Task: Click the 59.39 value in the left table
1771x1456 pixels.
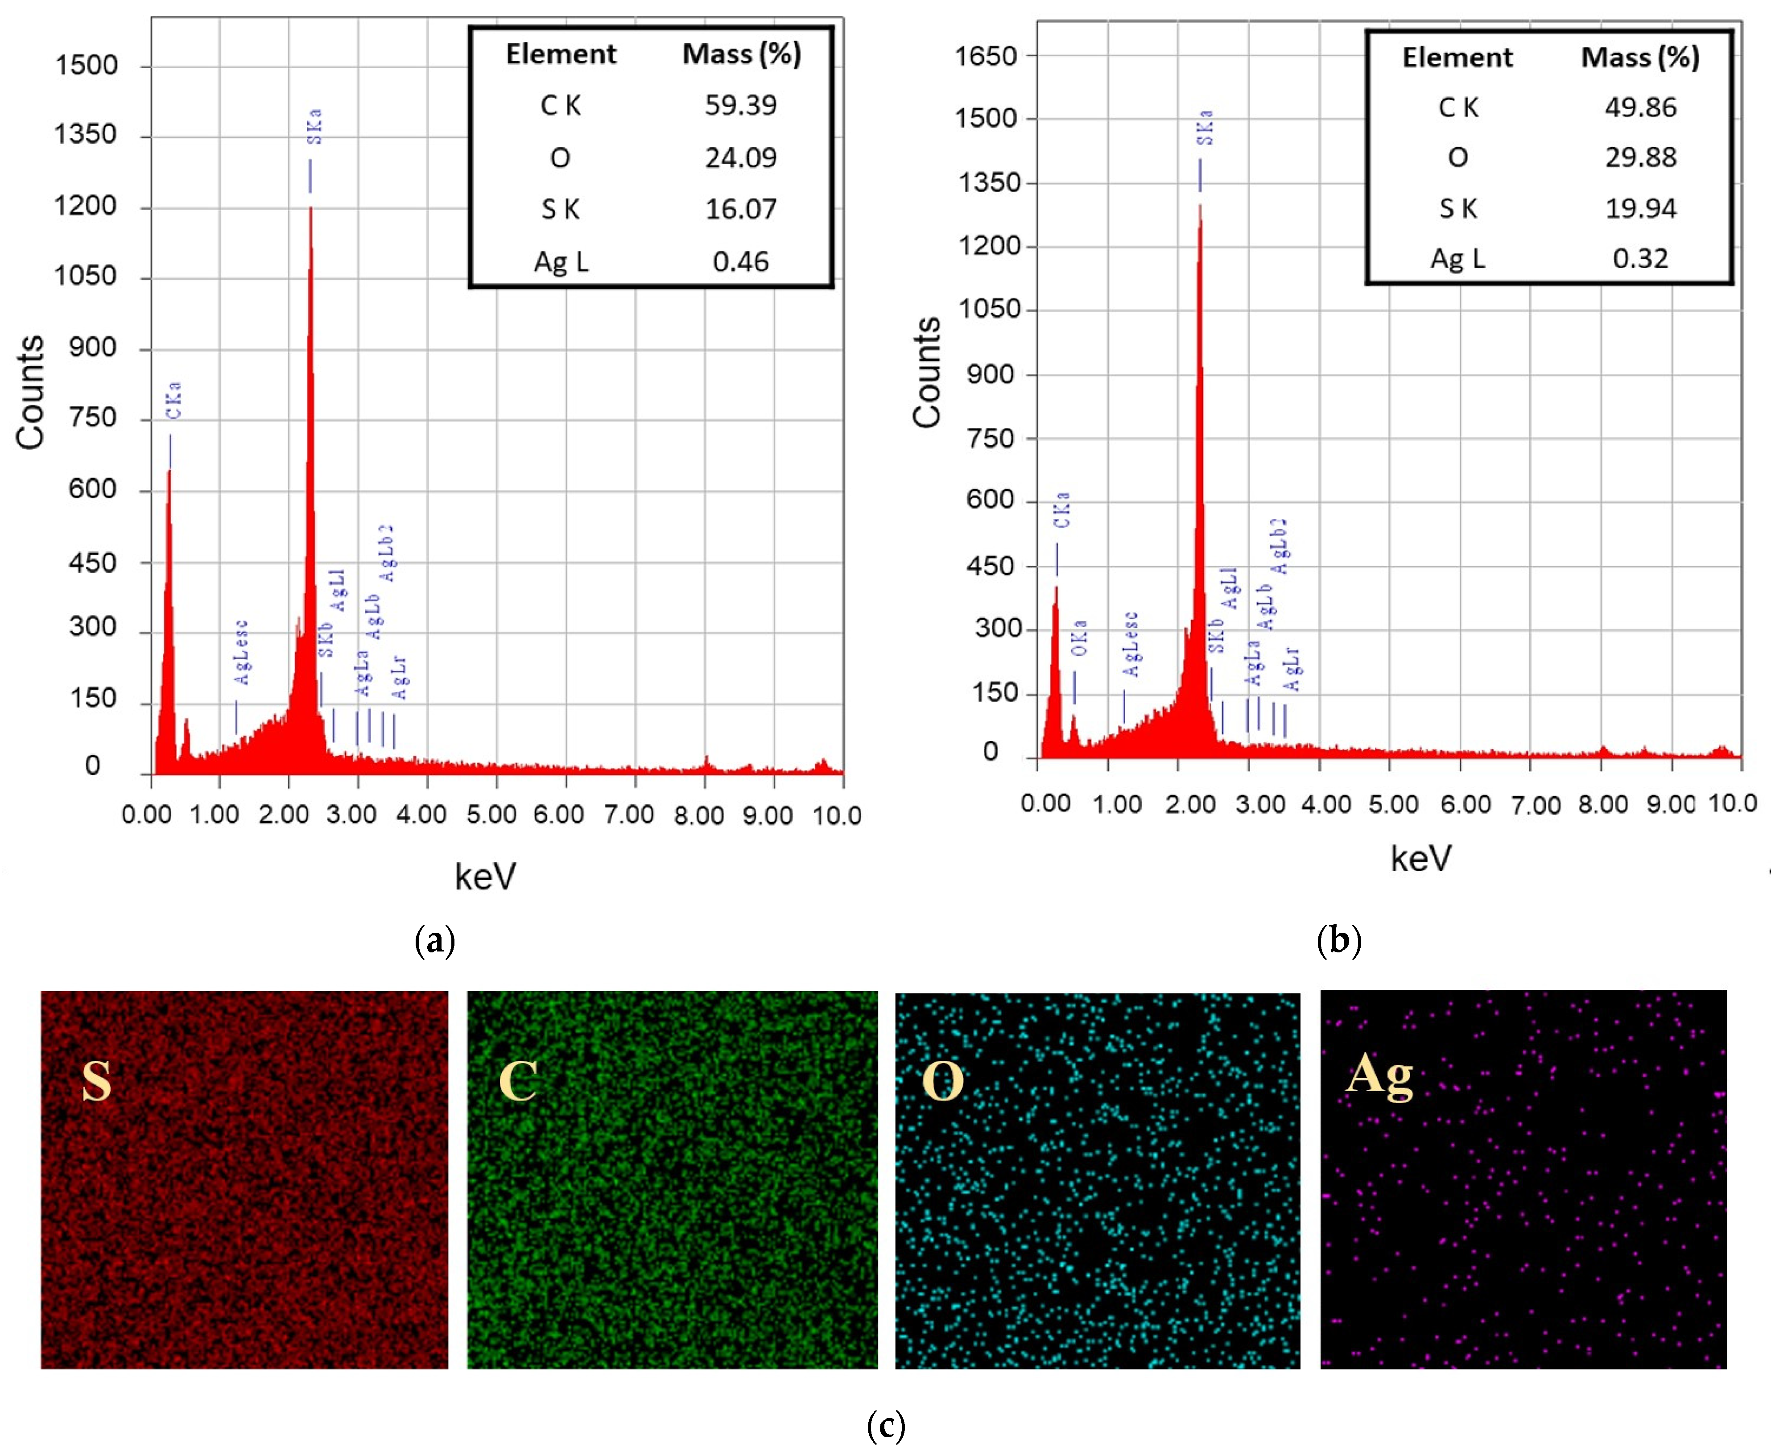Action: pos(740,106)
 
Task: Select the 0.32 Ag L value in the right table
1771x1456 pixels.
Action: pos(1640,258)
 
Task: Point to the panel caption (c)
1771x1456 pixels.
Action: pos(886,1425)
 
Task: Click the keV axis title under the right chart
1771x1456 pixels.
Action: pos(1420,858)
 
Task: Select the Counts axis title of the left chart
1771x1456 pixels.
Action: pos(30,393)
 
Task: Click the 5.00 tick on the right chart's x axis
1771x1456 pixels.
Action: pos(1393,804)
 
